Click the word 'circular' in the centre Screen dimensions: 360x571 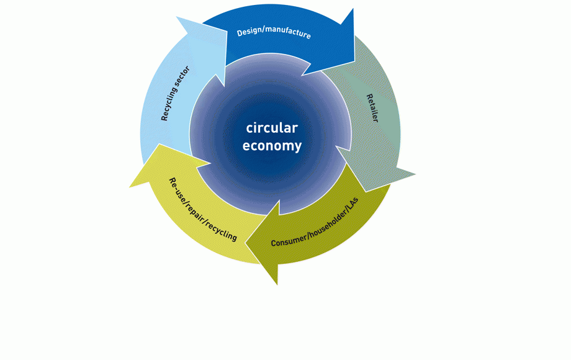click(272, 128)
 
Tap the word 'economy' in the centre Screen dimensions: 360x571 click(272, 146)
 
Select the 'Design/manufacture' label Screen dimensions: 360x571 click(274, 32)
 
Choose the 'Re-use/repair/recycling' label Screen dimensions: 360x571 click(203, 210)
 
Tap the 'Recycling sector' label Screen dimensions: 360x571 click(176, 93)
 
